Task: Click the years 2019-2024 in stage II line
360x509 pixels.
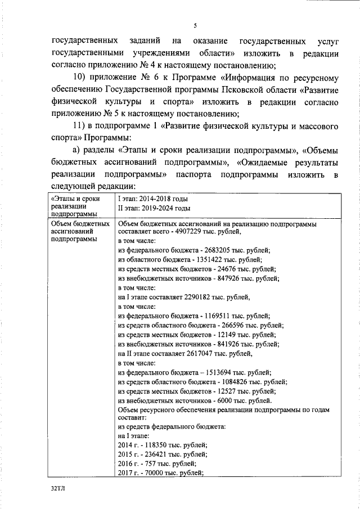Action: [x=155, y=208]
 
